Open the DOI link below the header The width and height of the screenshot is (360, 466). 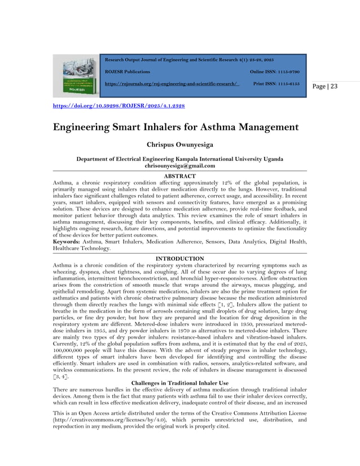click(118, 105)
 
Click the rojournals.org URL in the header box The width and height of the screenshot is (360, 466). click(172, 83)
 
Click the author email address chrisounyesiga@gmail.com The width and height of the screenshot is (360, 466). click(179, 166)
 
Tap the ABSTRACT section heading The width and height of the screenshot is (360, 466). click(179, 177)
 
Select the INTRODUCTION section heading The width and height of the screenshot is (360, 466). click(179, 258)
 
